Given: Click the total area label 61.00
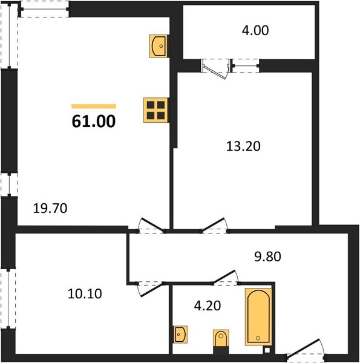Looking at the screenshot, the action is point(94,122).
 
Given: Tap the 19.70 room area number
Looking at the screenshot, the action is point(50,208).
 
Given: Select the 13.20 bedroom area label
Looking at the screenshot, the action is point(243,146).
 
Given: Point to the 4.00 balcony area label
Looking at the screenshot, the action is point(255,30).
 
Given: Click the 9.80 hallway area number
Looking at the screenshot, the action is point(267,257).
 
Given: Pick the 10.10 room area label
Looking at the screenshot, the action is point(85,294).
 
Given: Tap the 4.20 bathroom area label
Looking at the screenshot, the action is point(208,306).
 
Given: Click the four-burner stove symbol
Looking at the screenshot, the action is point(156,110).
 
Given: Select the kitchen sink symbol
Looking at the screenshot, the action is point(159,46).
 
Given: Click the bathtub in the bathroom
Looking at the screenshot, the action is point(258,316).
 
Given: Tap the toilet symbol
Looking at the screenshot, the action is point(221,342).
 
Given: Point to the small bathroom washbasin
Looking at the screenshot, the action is point(180,335).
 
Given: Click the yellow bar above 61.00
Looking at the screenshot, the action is point(94,106).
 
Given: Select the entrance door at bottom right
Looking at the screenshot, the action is point(306,350).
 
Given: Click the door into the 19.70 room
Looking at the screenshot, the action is point(151,226).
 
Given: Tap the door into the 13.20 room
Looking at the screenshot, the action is point(215,225).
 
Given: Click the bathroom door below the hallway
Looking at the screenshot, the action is point(225,278).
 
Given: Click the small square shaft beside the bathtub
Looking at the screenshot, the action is point(267,350).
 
